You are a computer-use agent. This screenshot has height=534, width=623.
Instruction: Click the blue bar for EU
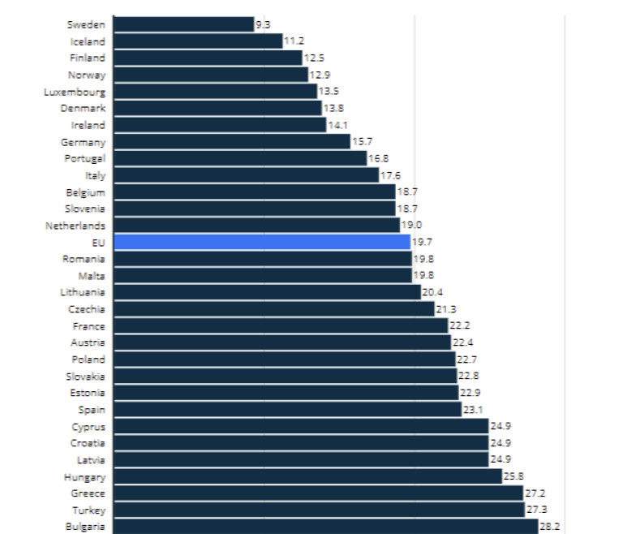tap(262, 242)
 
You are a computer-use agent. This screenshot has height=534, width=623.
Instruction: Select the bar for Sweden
tap(183, 24)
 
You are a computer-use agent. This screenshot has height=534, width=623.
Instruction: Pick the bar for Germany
tap(232, 141)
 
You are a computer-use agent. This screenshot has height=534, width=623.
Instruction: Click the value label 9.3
tap(263, 25)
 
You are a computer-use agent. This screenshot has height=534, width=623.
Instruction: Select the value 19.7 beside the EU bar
tap(422, 242)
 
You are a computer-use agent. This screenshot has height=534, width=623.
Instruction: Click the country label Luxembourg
tap(75, 92)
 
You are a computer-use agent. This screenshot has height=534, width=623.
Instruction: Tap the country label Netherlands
tap(75, 226)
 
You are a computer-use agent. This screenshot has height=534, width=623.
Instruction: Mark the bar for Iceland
tap(198, 41)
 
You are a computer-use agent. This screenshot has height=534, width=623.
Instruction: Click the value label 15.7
tap(362, 142)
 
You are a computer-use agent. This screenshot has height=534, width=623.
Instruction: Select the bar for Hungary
tap(307, 476)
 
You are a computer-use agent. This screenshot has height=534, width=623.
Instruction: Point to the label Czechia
tap(87, 309)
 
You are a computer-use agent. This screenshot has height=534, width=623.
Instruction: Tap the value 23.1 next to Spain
tap(473, 410)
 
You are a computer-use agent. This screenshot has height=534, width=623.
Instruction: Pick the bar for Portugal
tap(240, 158)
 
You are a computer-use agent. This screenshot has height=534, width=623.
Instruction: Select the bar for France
tap(281, 325)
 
